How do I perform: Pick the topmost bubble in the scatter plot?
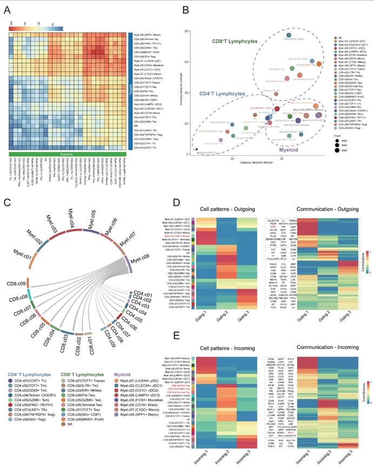point(289,35)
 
